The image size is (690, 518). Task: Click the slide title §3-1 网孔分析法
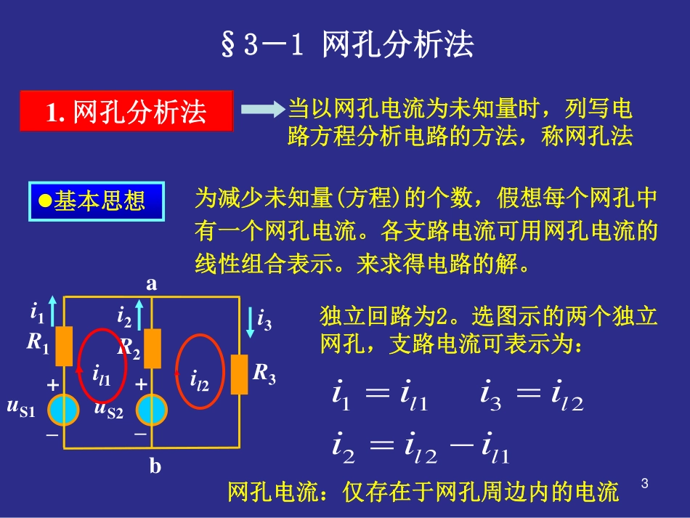(x=346, y=45)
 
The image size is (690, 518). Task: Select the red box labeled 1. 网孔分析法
(x=126, y=112)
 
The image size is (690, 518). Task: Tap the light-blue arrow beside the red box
(x=261, y=110)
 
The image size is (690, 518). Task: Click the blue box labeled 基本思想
(x=96, y=201)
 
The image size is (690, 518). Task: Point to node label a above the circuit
(x=152, y=284)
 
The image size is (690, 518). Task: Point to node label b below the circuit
(x=155, y=466)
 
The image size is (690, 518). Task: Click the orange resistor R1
(x=65, y=347)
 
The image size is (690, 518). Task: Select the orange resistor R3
(x=239, y=375)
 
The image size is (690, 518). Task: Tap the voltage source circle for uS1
(x=65, y=410)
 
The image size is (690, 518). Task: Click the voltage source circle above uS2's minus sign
(x=152, y=410)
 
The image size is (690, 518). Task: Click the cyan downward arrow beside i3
(x=251, y=320)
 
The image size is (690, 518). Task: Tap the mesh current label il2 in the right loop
(x=199, y=379)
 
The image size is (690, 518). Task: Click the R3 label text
(x=264, y=374)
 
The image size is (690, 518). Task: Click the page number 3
(x=645, y=483)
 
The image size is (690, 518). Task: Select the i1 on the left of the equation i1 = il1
(x=341, y=397)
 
